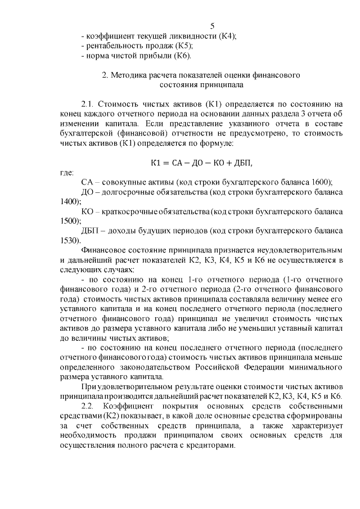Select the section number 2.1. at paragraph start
[92, 104]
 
